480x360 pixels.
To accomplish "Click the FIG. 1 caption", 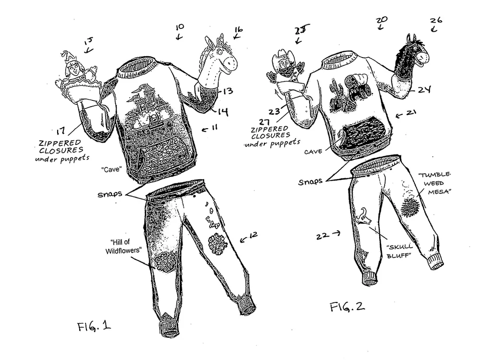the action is pyautogui.click(x=94, y=326).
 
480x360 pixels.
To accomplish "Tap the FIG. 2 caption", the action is pyautogui.click(x=347, y=306).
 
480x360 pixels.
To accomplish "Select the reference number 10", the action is pyautogui.click(x=180, y=27).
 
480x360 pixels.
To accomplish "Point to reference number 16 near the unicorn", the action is pyautogui.click(x=239, y=30).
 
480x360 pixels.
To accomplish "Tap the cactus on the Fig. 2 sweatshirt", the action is pyautogui.click(x=335, y=94).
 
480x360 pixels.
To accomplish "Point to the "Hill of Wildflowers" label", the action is pyautogui.click(x=123, y=246).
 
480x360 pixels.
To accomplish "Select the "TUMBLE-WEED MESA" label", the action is pyautogui.click(x=435, y=183).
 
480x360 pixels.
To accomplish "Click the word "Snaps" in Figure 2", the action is pyautogui.click(x=311, y=182).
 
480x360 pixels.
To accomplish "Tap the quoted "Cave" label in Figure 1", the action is pyautogui.click(x=111, y=169).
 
